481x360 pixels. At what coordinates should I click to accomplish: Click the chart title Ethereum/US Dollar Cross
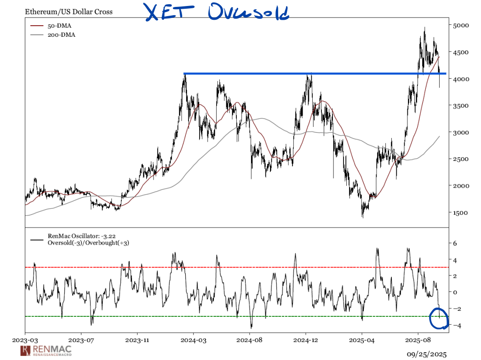tap(69, 11)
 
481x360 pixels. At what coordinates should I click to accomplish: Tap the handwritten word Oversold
tap(248, 12)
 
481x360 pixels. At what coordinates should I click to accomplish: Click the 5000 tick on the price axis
tap(460, 25)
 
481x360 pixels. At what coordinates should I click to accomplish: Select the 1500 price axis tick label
tap(460, 213)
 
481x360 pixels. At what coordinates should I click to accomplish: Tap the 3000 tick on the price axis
tap(460, 132)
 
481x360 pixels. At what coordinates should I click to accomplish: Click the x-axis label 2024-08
tap(250, 341)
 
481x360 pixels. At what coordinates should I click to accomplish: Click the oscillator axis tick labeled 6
tap(454, 244)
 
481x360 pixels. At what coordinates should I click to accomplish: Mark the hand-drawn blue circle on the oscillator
tap(438, 319)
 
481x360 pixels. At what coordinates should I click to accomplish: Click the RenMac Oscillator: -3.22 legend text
tap(79, 236)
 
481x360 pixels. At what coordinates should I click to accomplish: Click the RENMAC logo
tap(46, 351)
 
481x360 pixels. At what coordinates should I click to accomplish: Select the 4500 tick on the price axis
tap(460, 52)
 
